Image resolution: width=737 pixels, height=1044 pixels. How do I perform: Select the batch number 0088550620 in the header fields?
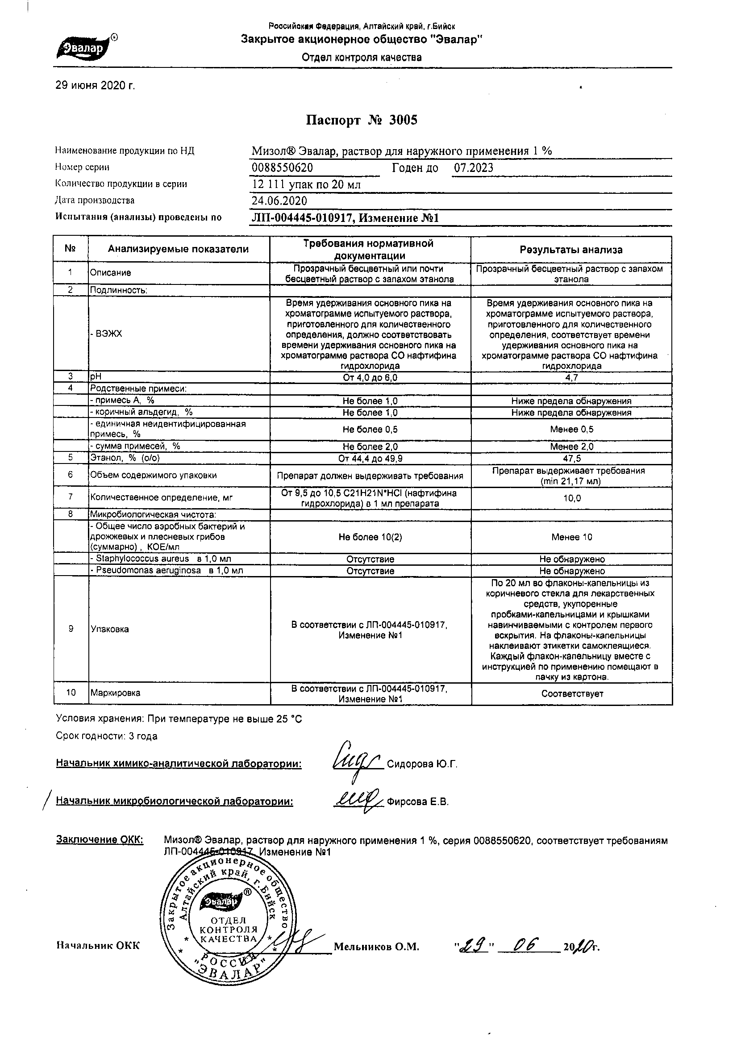click(x=282, y=168)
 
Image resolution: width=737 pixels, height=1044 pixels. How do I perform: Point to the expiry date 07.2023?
click(x=473, y=168)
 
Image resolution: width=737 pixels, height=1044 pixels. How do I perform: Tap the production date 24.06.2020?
click(x=279, y=200)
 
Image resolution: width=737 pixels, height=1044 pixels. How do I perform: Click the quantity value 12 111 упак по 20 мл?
click(x=306, y=184)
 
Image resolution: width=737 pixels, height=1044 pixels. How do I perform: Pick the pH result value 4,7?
click(x=571, y=378)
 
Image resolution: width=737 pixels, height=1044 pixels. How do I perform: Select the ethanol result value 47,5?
click(x=571, y=459)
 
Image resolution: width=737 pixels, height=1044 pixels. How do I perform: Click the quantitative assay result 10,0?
click(x=572, y=498)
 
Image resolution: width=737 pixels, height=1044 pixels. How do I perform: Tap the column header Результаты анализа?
click(x=571, y=250)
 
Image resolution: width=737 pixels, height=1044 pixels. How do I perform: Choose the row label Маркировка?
click(x=116, y=693)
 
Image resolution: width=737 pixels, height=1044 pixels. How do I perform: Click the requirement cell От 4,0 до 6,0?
click(x=370, y=378)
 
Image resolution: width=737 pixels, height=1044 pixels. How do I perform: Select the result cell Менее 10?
click(x=571, y=537)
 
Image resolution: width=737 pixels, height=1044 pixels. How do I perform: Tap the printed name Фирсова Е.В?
click(x=417, y=802)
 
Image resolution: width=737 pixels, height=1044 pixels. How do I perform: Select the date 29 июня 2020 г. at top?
click(x=95, y=85)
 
